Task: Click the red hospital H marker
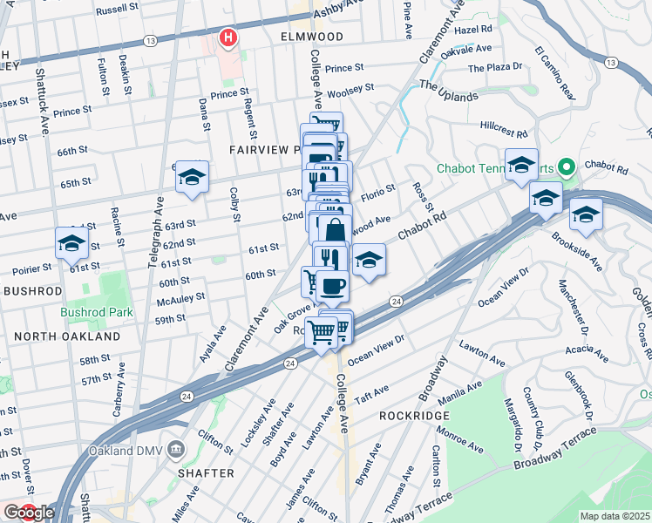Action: click(228, 37)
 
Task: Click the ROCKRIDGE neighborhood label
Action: click(414, 416)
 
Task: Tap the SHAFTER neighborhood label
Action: click(205, 472)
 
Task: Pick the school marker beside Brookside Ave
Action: click(586, 213)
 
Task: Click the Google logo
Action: click(29, 513)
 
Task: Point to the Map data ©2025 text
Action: click(615, 516)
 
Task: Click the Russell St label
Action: click(118, 8)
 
